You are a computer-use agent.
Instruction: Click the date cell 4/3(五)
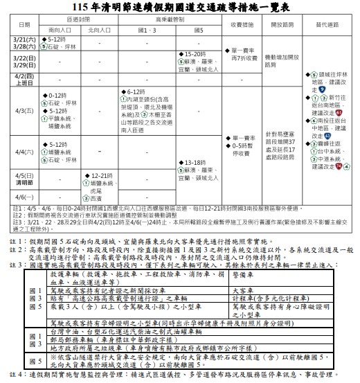coord(24,110)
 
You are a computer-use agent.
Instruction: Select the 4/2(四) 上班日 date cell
coord(24,78)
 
